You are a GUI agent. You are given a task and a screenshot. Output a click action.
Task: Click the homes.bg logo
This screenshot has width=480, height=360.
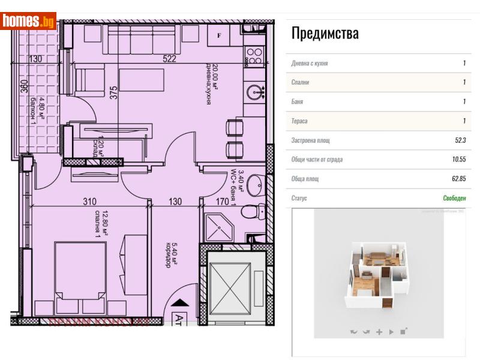28,21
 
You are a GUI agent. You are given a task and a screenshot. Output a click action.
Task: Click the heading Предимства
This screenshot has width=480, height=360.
325,33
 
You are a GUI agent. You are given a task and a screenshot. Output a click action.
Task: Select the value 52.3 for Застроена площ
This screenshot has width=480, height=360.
460,140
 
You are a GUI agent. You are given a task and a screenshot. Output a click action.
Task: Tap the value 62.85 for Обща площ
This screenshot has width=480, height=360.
458,179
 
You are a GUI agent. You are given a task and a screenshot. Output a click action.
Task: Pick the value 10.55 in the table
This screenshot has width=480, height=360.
458,160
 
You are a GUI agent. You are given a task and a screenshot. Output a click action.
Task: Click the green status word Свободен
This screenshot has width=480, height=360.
454,198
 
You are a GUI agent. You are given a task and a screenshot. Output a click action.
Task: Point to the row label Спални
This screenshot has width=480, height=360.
301,83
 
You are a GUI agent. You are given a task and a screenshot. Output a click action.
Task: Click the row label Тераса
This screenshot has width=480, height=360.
300,121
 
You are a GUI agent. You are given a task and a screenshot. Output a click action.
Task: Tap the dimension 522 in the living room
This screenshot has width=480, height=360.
170,59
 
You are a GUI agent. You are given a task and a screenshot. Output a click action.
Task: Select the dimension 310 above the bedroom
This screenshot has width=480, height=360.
90,202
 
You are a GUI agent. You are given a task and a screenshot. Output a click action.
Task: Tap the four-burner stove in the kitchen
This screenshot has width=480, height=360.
254,56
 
